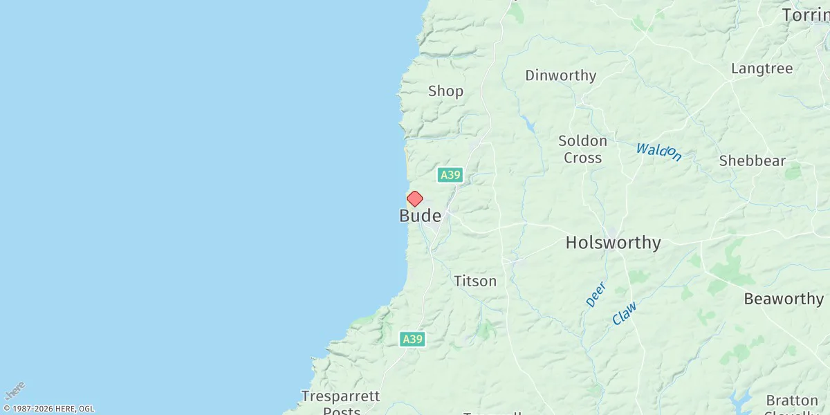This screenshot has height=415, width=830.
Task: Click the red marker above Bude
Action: (x=414, y=199)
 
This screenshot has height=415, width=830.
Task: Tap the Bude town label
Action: (x=420, y=216)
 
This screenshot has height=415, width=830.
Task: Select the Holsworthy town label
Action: (x=613, y=243)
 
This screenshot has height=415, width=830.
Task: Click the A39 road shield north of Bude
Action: (x=450, y=175)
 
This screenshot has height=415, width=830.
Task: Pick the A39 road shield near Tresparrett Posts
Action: (x=412, y=339)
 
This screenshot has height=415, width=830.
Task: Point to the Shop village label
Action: (x=445, y=91)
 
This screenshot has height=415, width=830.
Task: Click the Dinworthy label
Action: (x=560, y=76)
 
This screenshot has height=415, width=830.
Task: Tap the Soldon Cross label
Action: (x=582, y=149)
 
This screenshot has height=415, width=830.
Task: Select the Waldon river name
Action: (x=658, y=151)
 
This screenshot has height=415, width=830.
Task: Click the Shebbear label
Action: (x=752, y=161)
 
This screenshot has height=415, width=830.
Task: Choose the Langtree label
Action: (x=762, y=68)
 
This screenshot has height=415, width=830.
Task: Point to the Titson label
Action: (x=475, y=282)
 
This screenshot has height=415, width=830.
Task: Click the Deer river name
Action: (x=596, y=294)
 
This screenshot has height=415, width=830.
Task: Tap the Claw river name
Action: (x=624, y=313)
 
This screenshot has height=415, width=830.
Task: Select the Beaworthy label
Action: (x=784, y=299)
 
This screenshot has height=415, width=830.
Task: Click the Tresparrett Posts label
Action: (x=341, y=403)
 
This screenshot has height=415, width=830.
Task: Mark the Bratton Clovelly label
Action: (x=792, y=405)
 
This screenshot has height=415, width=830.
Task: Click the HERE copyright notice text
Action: (x=48, y=409)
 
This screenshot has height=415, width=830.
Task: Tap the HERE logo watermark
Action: (x=15, y=390)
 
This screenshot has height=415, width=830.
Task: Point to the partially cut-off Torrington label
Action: (x=806, y=15)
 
